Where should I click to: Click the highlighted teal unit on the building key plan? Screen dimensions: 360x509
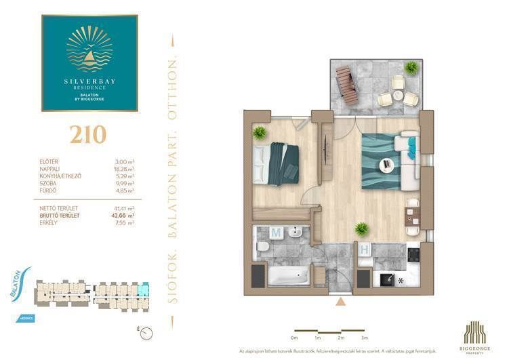(142, 292)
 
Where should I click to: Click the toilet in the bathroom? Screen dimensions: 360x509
(262, 249)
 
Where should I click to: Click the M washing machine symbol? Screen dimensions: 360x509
(276, 233)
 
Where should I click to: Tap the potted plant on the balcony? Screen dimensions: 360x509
(411, 67)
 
